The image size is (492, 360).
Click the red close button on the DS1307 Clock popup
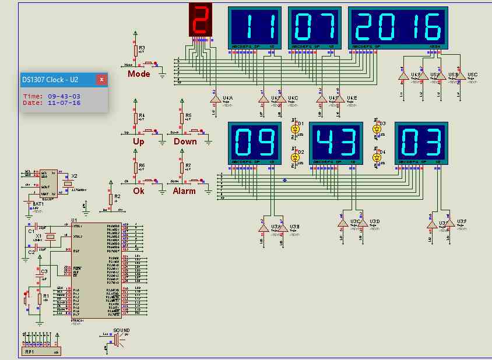101,79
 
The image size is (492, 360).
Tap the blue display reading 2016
398,26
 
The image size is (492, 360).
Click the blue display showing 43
336,142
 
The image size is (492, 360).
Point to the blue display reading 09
254,142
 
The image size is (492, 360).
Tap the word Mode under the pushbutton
139,74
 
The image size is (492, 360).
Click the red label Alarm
184,190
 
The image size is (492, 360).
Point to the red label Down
185,142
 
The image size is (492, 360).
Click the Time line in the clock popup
52,96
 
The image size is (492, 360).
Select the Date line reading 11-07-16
52,103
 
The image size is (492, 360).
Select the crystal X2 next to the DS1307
68,183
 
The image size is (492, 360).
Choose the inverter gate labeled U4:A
214,100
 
